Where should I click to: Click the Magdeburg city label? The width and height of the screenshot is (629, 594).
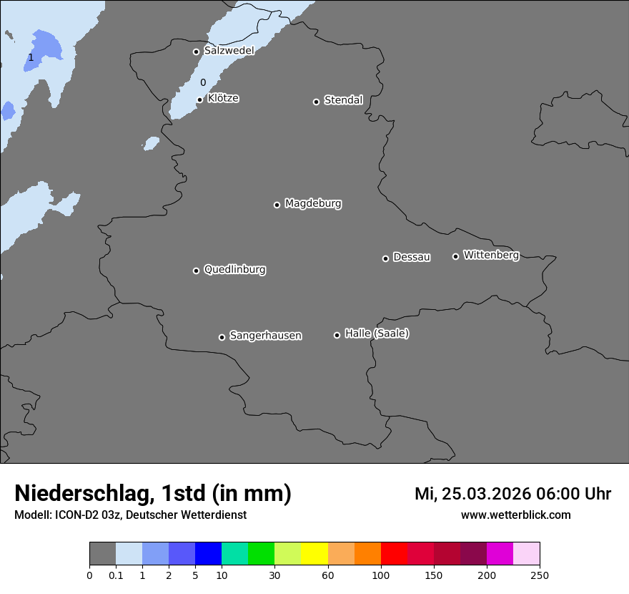313,204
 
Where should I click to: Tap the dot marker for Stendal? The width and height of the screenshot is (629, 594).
316,102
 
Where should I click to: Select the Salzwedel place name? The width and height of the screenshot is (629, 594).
229,51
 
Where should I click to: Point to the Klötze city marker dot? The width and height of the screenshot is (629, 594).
199,99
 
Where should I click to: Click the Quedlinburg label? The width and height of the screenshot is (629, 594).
234,270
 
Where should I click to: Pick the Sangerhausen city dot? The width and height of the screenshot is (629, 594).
222,337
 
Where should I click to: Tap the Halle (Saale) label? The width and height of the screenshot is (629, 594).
377,333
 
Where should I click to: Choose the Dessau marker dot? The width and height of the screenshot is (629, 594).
385,258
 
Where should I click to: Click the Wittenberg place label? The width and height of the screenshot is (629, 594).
491,255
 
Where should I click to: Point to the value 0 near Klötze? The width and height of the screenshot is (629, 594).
203,83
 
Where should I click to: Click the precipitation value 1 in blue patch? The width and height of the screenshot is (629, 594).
31,57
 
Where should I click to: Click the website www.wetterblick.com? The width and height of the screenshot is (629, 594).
515,515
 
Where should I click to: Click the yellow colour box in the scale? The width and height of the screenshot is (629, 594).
314,554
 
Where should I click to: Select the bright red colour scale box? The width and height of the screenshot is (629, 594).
394,554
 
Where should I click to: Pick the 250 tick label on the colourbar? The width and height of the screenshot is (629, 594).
540,575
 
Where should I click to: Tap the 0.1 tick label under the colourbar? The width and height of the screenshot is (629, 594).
116,575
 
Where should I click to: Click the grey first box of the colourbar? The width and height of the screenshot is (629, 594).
102,554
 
